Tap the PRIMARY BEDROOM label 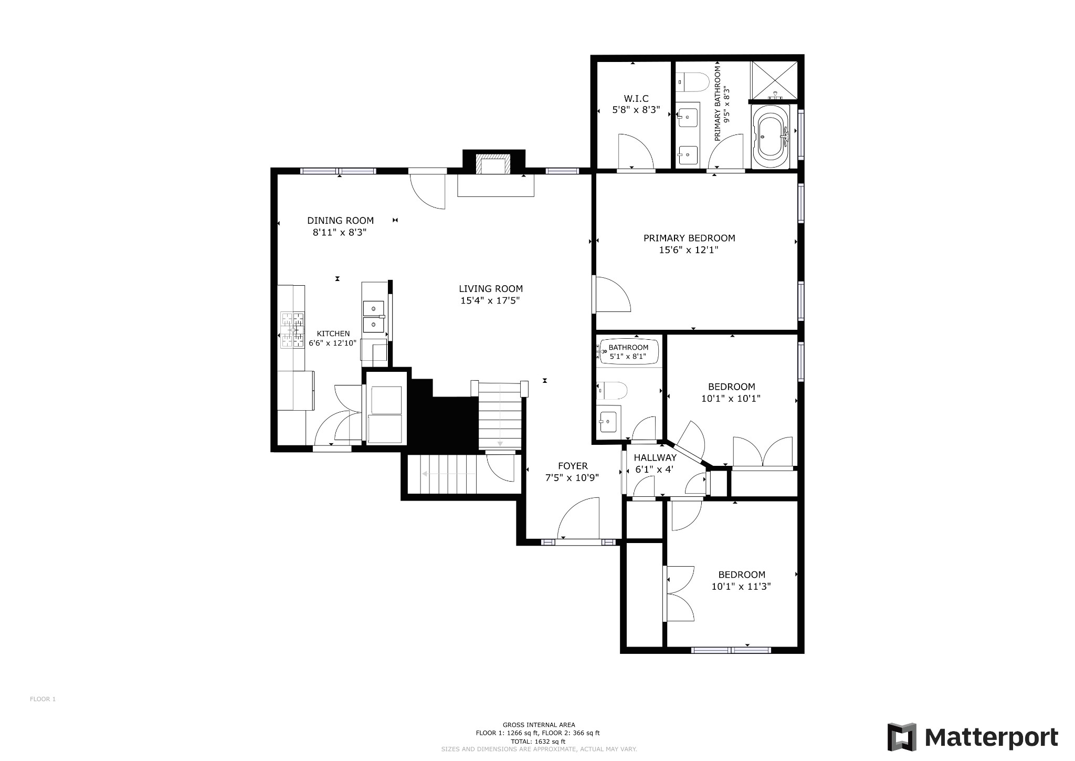[x=689, y=238]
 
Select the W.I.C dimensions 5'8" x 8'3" [x=636, y=110]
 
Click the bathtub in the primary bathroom [x=770, y=137]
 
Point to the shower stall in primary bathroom [x=774, y=79]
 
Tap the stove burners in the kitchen [x=292, y=330]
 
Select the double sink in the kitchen [x=373, y=317]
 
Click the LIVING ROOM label [x=490, y=288]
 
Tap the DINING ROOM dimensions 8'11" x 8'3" [x=339, y=232]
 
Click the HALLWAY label [x=655, y=457]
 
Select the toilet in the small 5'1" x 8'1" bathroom [x=613, y=390]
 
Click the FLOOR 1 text [x=43, y=699]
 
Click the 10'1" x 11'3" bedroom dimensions [x=741, y=587]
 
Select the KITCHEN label [x=333, y=333]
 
